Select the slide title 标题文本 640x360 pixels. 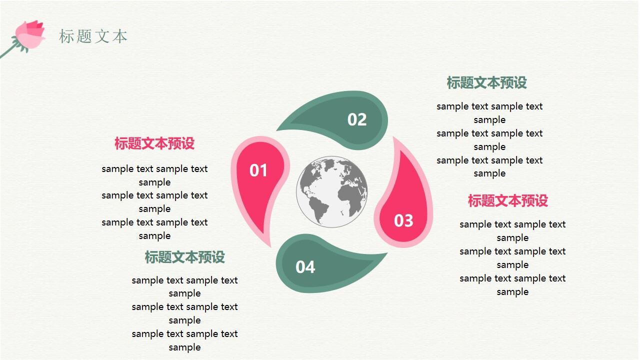93,36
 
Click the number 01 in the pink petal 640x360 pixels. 258,171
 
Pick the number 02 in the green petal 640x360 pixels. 357,119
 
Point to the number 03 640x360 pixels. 403,220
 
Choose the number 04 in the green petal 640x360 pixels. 305,267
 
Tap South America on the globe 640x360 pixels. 316,207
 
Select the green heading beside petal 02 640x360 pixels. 486,83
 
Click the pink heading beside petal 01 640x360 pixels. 154,144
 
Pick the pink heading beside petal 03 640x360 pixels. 507,201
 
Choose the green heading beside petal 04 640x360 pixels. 184,257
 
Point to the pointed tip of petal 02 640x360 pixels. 278,129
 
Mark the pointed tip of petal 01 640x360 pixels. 270,245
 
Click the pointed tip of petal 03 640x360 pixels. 394,138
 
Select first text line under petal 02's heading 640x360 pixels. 489,106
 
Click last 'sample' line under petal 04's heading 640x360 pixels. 184,347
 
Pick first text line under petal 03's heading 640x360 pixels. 512,224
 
